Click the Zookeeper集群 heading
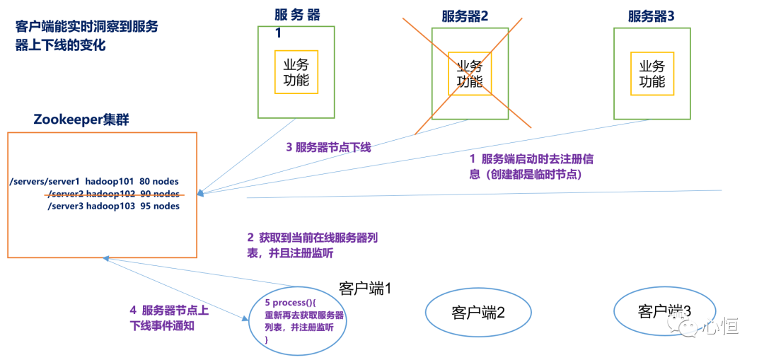click(x=81, y=119)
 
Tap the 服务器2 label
click(x=465, y=16)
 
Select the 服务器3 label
click(x=652, y=16)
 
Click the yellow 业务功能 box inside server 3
click(x=652, y=73)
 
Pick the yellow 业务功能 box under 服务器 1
click(x=296, y=72)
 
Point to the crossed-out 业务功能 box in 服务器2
click(x=470, y=73)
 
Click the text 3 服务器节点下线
click(x=328, y=148)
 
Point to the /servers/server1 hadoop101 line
click(x=94, y=182)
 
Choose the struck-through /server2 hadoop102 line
click(x=113, y=194)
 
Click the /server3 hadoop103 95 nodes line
click(x=113, y=206)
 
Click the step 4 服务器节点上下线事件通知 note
click(x=169, y=318)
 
